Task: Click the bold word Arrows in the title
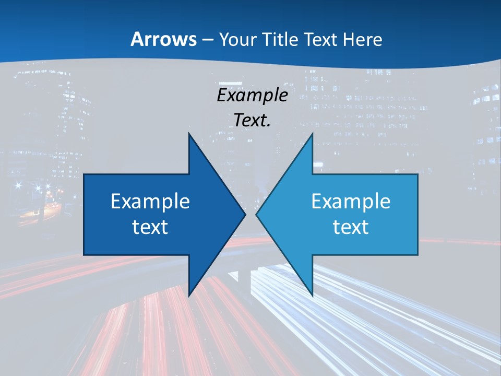tap(163, 39)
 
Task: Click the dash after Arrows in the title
tap(207, 40)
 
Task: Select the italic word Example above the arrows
tap(252, 96)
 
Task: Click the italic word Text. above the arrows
tap(252, 121)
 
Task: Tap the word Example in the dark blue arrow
tap(150, 202)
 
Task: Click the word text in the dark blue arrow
tap(150, 227)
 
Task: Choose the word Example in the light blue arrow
tap(351, 202)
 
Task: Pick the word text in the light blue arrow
tap(351, 227)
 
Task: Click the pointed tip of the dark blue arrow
tap(245, 214)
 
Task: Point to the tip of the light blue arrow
tap(256, 214)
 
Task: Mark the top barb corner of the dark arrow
tap(188, 133)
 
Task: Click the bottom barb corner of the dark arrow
tap(188, 296)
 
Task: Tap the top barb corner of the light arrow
tap(313, 133)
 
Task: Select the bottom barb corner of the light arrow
tap(313, 296)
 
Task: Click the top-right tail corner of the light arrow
tap(417, 174)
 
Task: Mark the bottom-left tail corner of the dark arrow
tap(84, 255)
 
